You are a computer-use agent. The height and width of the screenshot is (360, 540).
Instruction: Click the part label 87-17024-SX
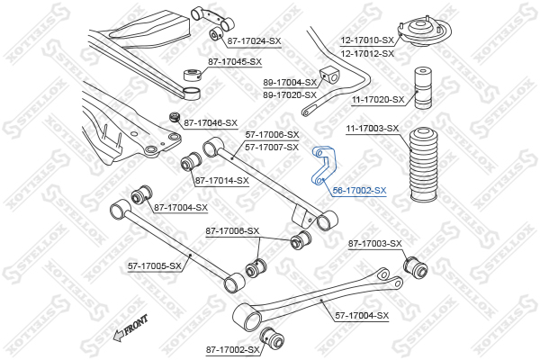pos(254,40)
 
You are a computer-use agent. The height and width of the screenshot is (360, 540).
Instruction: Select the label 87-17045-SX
pos(235,62)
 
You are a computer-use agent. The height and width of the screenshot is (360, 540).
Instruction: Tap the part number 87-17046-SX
pos(211,122)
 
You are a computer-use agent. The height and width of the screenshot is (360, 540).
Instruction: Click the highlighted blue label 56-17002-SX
pos(359,191)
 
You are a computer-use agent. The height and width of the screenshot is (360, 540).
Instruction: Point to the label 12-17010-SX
pos(367,40)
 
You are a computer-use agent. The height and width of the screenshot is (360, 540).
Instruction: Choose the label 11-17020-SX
pos(378,100)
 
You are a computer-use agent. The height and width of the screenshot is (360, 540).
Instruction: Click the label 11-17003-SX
pos(372,129)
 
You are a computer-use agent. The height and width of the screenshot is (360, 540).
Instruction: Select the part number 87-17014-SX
pos(221,181)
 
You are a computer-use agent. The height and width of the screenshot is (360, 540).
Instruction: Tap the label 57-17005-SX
pos(155,266)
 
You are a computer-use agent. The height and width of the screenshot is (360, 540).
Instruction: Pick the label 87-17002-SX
pos(232,349)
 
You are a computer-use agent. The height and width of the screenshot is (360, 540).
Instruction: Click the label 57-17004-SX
pos(362,315)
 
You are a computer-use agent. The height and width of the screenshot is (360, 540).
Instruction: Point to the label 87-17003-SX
pos(374,244)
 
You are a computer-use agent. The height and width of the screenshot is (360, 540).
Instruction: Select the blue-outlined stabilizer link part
pos(322,166)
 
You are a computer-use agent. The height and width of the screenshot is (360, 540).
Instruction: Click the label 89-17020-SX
pos(290,94)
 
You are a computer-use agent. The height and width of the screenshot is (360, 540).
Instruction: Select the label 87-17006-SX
pos(232,231)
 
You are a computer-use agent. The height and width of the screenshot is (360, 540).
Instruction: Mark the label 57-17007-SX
pos(272,147)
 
